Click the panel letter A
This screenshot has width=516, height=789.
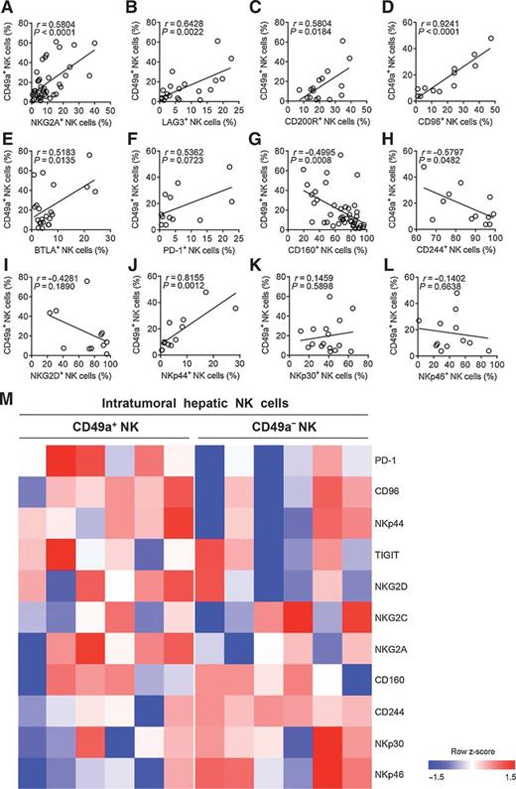(x=8, y=7)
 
